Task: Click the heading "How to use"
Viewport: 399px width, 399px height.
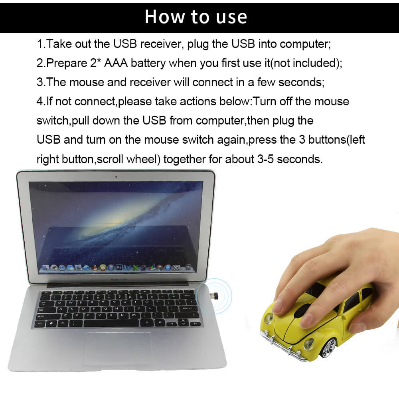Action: (196, 17)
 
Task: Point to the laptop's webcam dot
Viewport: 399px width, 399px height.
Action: (116, 176)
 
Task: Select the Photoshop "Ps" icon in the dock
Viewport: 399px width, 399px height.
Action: (119, 267)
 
